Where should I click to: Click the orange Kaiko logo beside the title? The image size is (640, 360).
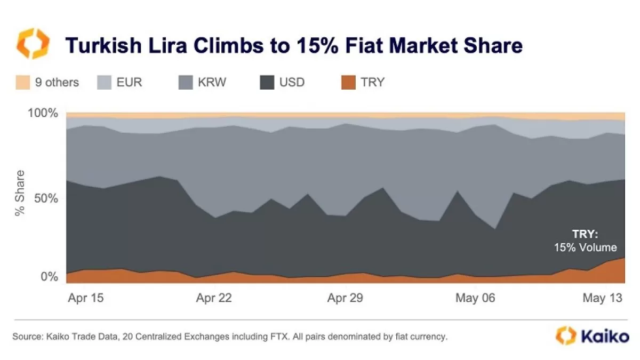pyautogui.click(x=33, y=44)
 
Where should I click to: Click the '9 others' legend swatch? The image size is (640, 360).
pyautogui.click(x=23, y=82)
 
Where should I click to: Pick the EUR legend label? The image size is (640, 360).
pyautogui.click(x=129, y=82)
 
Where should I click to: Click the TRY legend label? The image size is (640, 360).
pyautogui.click(x=372, y=82)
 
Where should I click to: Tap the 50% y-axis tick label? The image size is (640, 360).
pyautogui.click(x=46, y=198)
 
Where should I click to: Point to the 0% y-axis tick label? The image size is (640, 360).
pyautogui.click(x=49, y=277)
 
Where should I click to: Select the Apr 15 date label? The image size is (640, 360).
pyautogui.click(x=86, y=298)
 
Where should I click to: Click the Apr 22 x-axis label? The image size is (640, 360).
pyautogui.click(x=214, y=298)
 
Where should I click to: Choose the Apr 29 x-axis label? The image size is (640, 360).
pyautogui.click(x=345, y=298)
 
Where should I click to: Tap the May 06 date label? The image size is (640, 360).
pyautogui.click(x=475, y=298)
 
